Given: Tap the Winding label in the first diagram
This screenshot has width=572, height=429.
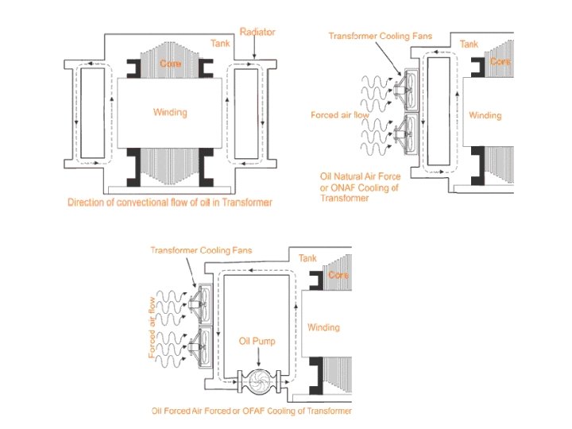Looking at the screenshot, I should click(x=170, y=112).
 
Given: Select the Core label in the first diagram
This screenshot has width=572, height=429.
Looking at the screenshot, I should click(x=170, y=63).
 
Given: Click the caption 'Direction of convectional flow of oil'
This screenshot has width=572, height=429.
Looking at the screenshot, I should click(x=169, y=203).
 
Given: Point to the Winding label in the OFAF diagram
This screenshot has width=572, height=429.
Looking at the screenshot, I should click(x=323, y=327).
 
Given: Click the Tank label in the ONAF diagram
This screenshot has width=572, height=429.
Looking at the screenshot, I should click(x=469, y=45).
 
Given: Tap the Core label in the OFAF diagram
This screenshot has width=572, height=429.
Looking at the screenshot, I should click(x=338, y=276).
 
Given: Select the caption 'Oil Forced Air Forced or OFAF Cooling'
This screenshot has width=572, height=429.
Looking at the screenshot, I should click(x=251, y=412).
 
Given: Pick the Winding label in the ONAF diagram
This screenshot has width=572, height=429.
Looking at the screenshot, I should click(x=485, y=115).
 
